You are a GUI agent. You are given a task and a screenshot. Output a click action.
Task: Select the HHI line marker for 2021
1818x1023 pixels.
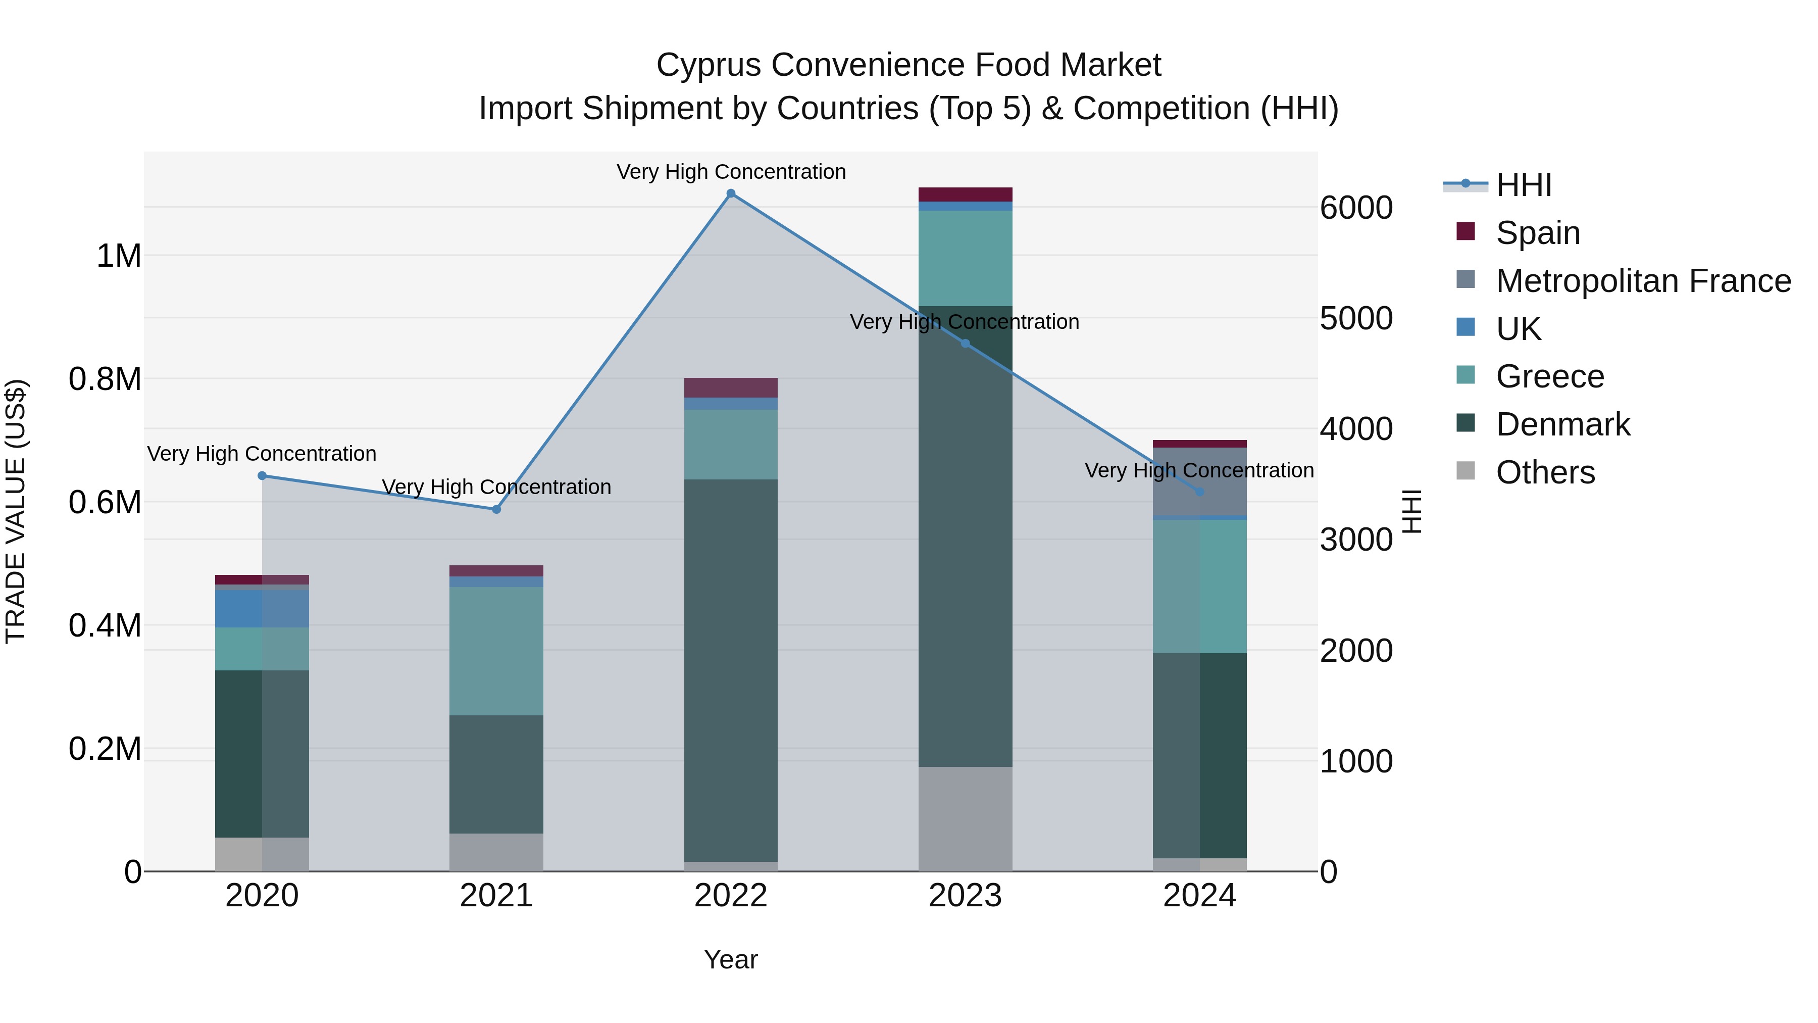[496, 509]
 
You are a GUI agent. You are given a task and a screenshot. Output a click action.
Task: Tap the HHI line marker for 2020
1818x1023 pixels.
[262, 475]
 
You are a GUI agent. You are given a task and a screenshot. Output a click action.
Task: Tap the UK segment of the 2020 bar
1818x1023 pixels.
[262, 609]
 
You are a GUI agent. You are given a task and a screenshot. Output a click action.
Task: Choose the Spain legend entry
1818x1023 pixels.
[1537, 233]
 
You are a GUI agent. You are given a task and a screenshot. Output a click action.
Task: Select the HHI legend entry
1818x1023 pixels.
[1523, 185]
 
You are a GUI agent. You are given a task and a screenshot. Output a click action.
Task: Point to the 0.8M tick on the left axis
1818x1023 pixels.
[105, 379]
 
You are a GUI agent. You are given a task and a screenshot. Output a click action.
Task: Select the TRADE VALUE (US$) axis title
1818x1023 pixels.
[16, 511]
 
